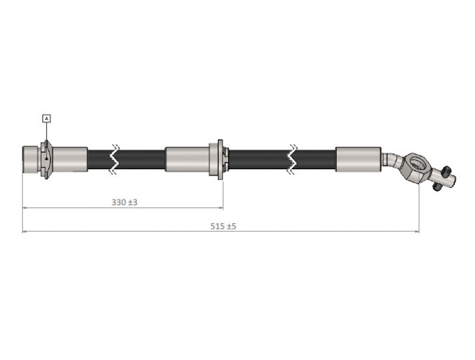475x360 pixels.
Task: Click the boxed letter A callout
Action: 47,119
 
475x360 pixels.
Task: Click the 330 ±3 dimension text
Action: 125,202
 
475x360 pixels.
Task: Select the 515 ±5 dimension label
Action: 223,226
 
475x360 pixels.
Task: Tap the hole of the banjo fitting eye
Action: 419,164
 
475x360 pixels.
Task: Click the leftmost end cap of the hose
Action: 30,159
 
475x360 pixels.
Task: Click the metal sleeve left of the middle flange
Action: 187,159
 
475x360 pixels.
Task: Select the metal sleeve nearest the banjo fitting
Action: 358,159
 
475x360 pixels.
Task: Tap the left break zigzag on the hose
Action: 114,159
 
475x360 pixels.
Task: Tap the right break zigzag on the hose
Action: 291,159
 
